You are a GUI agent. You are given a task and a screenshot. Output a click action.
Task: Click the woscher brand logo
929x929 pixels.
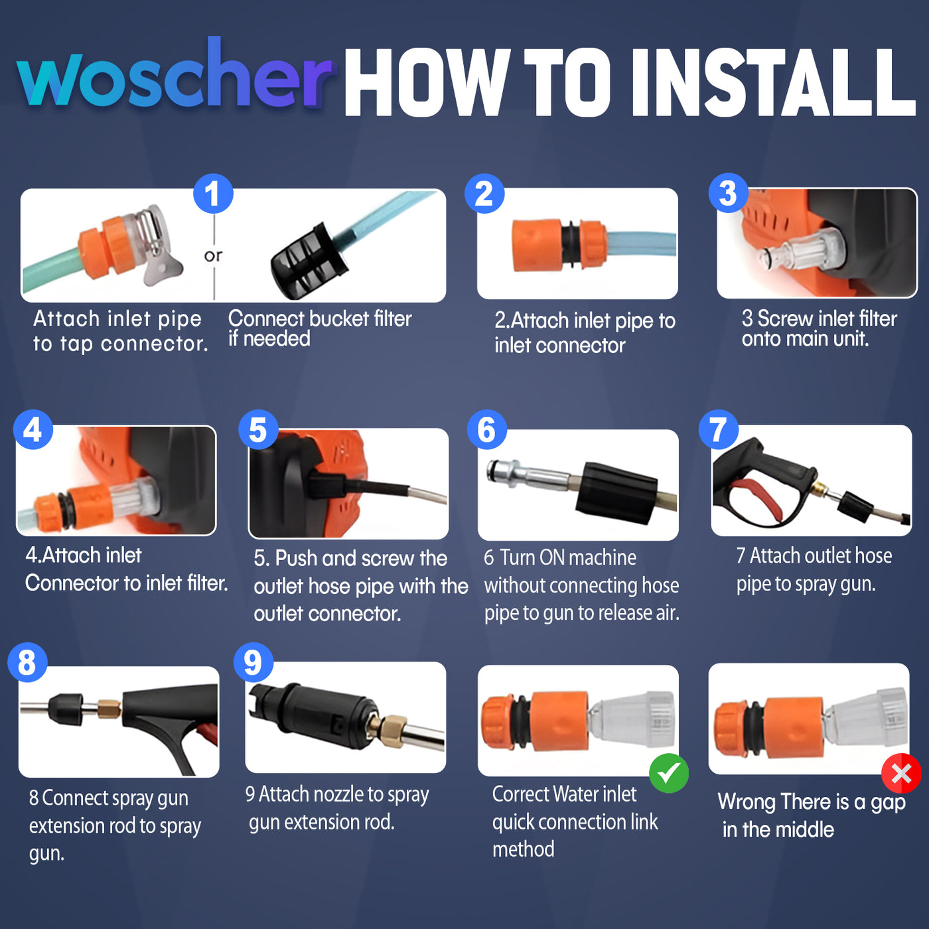pos(174,76)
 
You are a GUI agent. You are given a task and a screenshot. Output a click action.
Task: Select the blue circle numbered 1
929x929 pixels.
pos(213,194)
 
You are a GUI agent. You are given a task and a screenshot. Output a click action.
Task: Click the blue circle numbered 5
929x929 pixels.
pos(258,429)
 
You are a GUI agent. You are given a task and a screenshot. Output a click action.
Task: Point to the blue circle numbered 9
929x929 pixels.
pos(253,662)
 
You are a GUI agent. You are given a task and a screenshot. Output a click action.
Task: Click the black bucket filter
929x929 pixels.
pos(309,261)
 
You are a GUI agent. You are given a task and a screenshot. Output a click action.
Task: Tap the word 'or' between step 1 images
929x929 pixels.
pos(213,256)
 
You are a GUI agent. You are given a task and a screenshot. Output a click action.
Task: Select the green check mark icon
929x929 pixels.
pos(668,773)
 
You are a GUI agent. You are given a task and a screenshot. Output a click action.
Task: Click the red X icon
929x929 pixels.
pos(901,773)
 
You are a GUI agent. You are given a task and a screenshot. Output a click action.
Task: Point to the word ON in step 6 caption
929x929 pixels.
pos(553,557)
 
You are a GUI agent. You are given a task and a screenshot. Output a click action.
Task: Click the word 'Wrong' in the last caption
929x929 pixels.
pos(747,802)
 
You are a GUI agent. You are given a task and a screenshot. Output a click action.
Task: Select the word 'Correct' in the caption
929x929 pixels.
pos(521,794)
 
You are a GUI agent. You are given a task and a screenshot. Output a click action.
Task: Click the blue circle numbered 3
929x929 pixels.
pos(728,193)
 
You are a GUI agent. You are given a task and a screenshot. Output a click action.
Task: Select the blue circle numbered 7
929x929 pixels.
pos(718,429)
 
